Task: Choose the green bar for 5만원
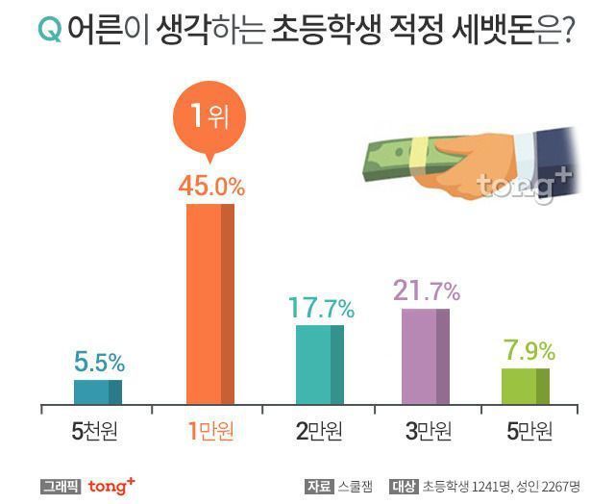[526, 385]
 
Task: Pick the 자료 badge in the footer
[317, 487]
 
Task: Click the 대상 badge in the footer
[405, 487]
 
